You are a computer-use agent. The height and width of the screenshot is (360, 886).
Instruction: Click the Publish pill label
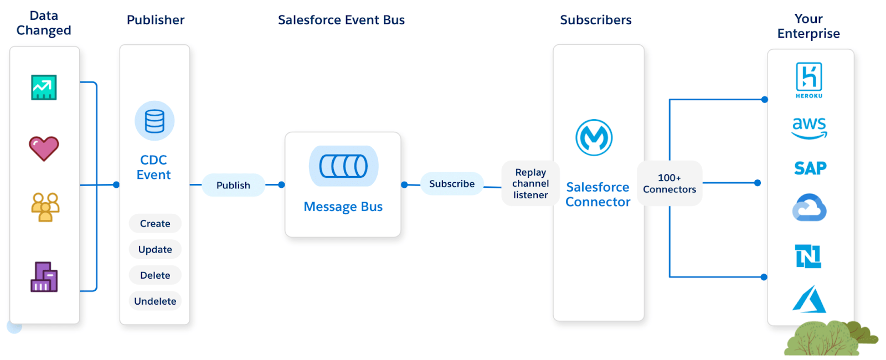point(233,185)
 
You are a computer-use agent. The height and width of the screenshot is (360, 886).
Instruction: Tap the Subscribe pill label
point(452,183)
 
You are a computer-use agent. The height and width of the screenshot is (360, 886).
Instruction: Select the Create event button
point(155,223)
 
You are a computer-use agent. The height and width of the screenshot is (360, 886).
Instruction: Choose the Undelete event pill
point(155,301)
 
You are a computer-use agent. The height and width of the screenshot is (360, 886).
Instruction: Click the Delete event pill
point(155,275)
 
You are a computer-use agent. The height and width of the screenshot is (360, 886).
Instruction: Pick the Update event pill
point(155,249)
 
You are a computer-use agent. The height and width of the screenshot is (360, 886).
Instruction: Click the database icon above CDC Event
point(154,121)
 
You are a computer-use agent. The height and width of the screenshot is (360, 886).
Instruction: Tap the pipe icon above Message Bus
point(343,166)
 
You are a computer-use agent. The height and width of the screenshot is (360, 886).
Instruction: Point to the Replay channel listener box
point(530,183)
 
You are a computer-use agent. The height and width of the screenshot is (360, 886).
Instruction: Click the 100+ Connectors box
point(669,183)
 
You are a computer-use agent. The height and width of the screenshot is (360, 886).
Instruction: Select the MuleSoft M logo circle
point(594,137)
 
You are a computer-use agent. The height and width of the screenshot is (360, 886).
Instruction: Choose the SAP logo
point(810,168)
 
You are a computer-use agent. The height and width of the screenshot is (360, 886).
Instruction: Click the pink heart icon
point(44,148)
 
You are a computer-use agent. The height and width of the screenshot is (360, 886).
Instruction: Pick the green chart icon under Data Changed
point(44,87)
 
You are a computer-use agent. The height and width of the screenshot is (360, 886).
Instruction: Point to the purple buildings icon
point(44,277)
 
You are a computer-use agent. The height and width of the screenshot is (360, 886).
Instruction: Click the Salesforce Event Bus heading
point(341,20)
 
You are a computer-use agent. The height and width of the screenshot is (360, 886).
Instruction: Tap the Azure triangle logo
point(809,300)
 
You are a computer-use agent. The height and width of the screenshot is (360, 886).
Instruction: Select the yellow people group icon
point(45,207)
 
